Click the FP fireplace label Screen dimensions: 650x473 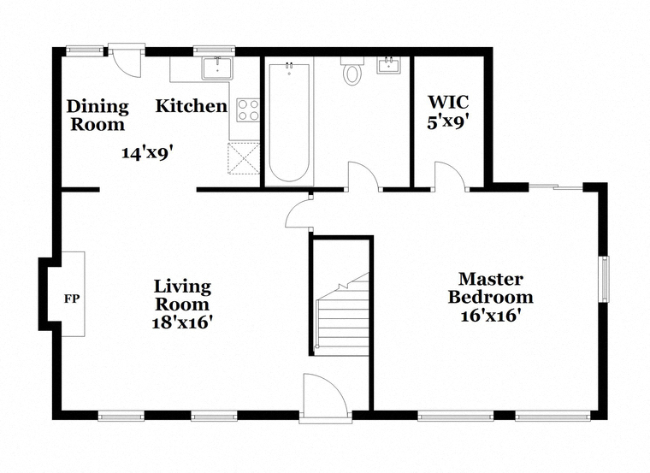coord(71,299)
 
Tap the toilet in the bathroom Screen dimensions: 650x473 coord(352,71)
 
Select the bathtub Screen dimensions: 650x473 coord(289,121)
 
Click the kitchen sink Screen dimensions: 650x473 coord(217,68)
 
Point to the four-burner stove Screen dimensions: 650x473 coord(248,110)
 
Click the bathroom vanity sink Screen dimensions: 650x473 coord(388,65)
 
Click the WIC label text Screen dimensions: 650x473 coord(448,102)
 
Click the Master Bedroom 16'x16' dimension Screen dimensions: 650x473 coord(490,316)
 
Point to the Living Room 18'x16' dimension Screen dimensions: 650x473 coord(182,322)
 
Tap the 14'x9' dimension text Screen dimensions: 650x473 coord(147,153)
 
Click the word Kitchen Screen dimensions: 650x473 coord(192,106)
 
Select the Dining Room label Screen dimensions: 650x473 coord(97,115)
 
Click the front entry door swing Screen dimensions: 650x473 coord(322,393)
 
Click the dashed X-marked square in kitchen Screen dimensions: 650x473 coord(244,158)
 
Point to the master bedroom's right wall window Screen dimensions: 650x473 coord(606,279)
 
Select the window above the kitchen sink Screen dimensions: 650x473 coord(215,50)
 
